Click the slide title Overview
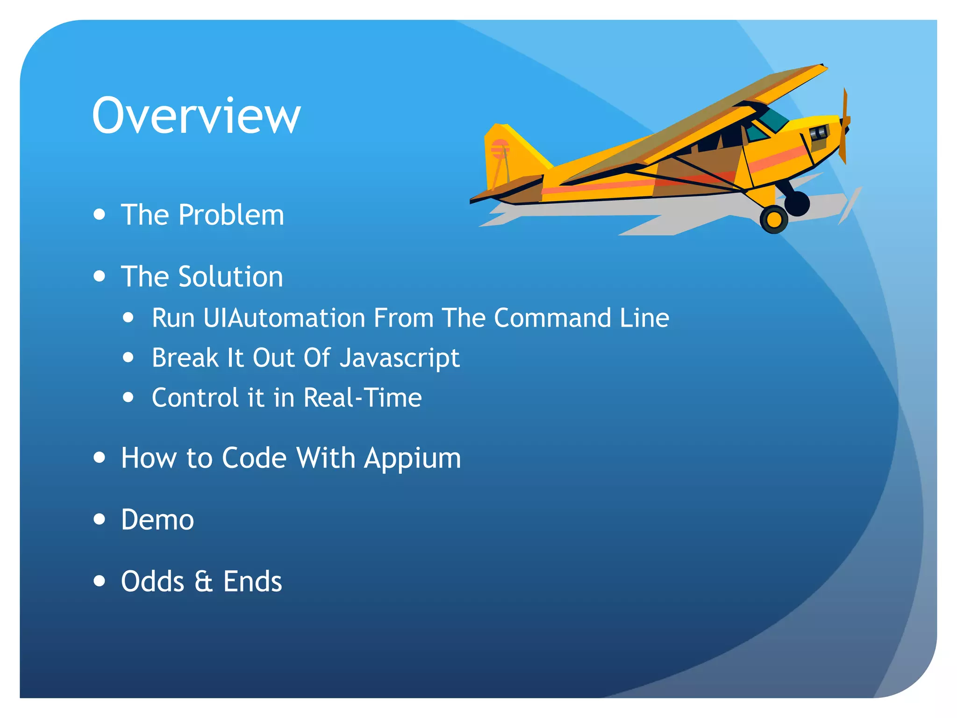(x=196, y=115)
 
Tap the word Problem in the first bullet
(x=231, y=215)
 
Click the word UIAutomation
(x=285, y=318)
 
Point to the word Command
(x=552, y=318)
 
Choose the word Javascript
(x=400, y=359)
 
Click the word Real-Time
(x=363, y=398)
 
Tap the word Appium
(x=413, y=458)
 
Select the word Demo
(x=157, y=520)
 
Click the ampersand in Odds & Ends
(x=203, y=582)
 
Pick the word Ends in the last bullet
(x=253, y=582)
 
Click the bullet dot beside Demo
(x=99, y=519)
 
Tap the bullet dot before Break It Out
(x=129, y=358)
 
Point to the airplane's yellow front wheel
(x=774, y=219)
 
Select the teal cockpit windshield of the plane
(x=773, y=120)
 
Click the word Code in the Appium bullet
(x=254, y=458)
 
